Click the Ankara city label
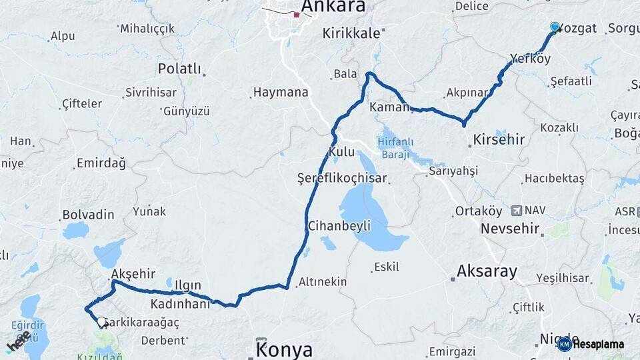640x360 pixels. click(333, 7)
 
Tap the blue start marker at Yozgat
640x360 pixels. click(555, 27)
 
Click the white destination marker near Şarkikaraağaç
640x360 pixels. click(101, 322)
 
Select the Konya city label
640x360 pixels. click(284, 349)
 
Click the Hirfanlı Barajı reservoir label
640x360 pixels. click(395, 147)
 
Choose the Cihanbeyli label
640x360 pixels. click(339, 226)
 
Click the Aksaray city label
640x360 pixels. click(487, 271)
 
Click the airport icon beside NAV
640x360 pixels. click(516, 211)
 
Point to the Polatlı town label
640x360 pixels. click(179, 69)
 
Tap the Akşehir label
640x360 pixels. click(133, 274)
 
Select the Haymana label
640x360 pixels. click(280, 93)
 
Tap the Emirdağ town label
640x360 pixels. click(101, 163)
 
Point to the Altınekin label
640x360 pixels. click(323, 281)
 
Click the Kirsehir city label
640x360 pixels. click(498, 140)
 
